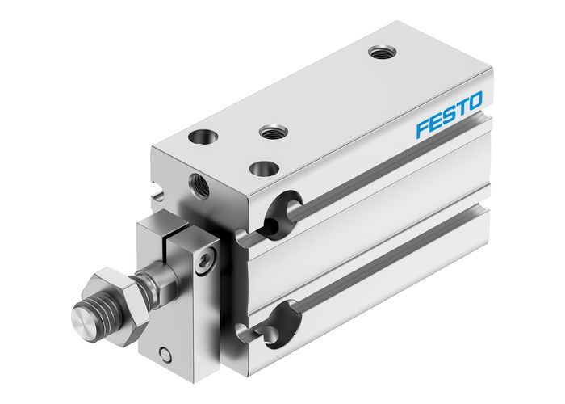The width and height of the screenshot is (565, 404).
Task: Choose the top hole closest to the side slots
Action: click(x=262, y=167)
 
